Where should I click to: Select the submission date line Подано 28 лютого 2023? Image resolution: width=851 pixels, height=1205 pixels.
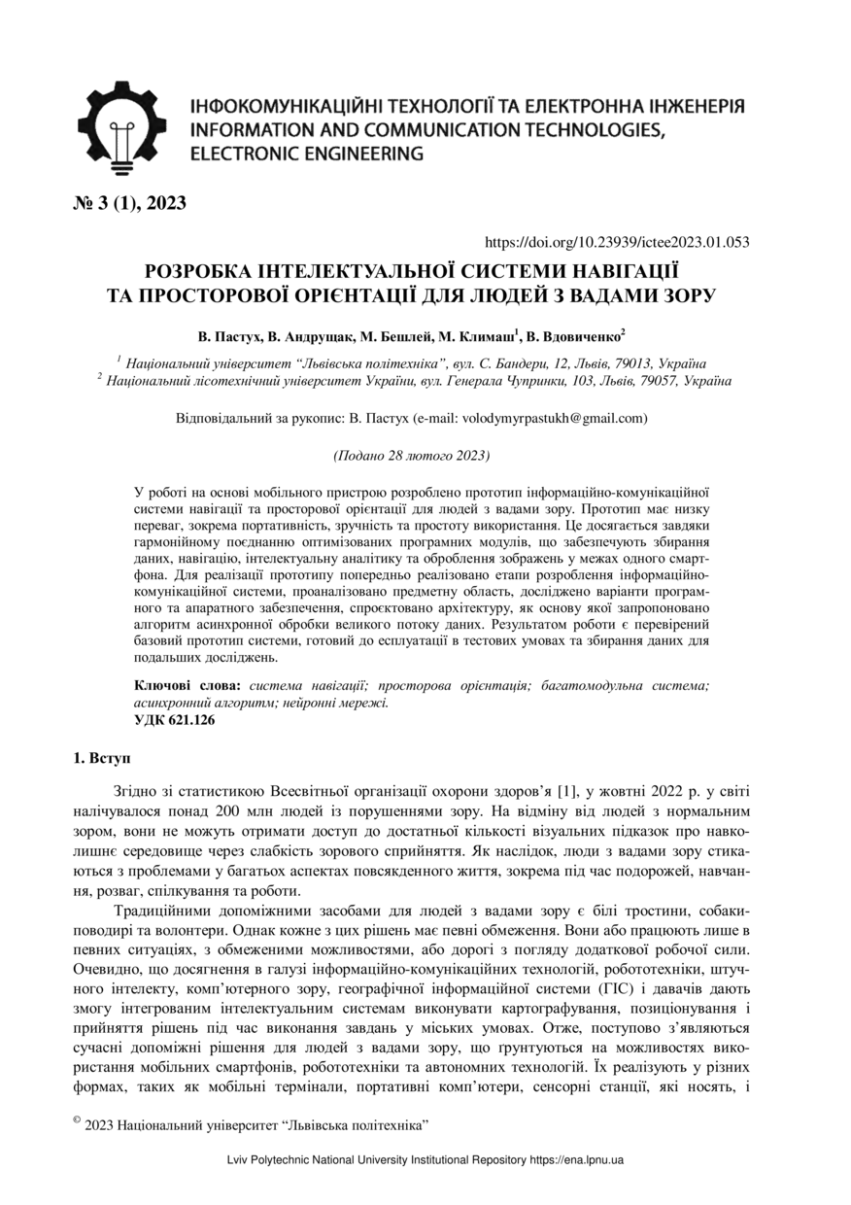pos(411,455)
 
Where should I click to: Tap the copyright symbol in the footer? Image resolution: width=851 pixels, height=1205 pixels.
pos(77,1119)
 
